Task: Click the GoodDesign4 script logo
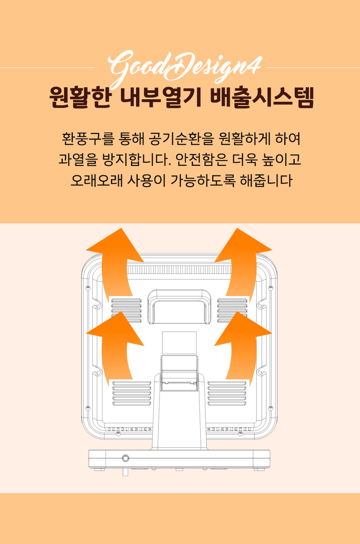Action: click(x=185, y=68)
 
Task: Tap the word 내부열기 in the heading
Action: click(x=161, y=97)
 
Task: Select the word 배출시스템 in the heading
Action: click(x=262, y=97)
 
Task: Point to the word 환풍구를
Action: click(x=88, y=139)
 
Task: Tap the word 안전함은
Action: click(x=201, y=160)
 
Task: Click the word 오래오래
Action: click(x=97, y=180)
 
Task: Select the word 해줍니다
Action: click(x=266, y=180)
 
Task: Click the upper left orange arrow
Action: click(x=115, y=265)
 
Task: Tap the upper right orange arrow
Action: click(x=243, y=265)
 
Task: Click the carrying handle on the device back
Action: click(x=179, y=307)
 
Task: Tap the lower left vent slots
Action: click(x=131, y=393)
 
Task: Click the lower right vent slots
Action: click(x=227, y=393)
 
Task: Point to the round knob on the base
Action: click(x=125, y=458)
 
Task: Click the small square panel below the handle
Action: click(x=179, y=343)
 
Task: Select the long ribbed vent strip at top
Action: click(x=179, y=270)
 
